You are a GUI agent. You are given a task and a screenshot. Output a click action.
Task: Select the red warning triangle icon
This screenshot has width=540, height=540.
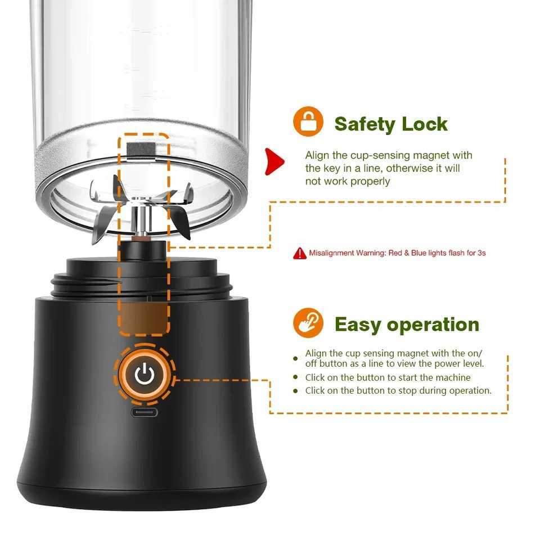point(300,253)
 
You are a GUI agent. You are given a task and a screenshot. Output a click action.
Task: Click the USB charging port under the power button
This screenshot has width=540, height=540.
point(145,412)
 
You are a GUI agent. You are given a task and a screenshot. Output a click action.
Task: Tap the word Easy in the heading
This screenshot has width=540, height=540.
point(357,325)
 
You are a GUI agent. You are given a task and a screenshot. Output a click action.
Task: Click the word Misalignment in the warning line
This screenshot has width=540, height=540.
point(331,253)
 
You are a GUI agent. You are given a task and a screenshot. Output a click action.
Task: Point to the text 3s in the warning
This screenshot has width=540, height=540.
point(481,253)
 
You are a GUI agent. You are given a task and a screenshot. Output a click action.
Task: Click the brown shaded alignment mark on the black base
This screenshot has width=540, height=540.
point(144,318)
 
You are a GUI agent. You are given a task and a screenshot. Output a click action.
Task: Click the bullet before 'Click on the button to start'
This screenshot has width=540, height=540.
point(296,377)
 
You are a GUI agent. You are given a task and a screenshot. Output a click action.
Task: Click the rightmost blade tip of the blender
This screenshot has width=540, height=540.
point(190,195)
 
